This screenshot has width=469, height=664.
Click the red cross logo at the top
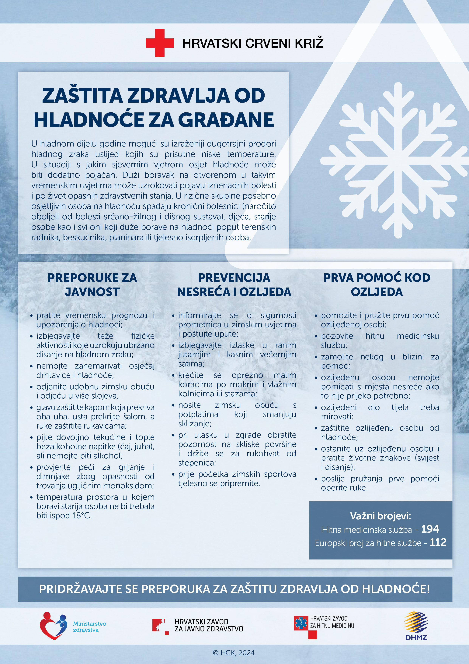coord(159,43)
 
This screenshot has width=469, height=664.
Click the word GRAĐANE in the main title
coord(226,120)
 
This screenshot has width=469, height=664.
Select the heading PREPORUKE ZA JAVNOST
coord(92,284)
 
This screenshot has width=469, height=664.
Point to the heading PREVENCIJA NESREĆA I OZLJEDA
coord(234,284)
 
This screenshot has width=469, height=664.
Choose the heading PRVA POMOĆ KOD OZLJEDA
coord(377,284)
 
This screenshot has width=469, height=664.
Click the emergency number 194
coord(430,529)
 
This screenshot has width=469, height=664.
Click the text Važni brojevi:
coord(380,516)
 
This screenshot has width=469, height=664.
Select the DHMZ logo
coord(416,626)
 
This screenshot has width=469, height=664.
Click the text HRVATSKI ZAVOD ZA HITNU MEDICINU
coord(332,622)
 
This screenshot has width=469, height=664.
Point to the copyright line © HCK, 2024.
coord(234,653)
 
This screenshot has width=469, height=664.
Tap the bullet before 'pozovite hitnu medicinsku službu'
coord(316,337)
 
